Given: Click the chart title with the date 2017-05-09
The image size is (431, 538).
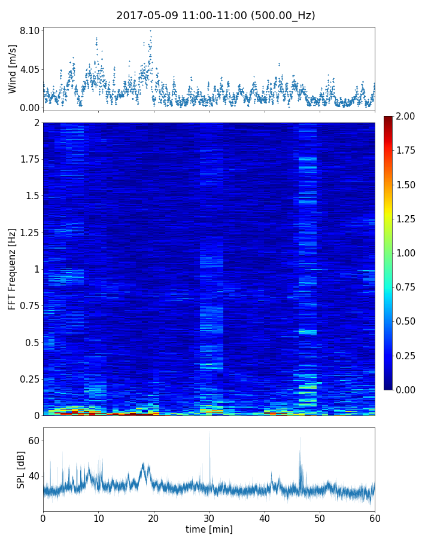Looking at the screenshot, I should tap(215, 16).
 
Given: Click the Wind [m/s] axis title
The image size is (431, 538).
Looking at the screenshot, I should tap(13, 69).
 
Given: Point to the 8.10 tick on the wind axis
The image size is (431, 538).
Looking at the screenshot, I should tap(30, 30).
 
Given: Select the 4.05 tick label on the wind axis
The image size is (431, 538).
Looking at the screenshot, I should tap(30, 69).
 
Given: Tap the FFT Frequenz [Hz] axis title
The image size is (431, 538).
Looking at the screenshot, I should tap(13, 269).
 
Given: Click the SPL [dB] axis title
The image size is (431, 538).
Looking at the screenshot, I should tap(22, 469).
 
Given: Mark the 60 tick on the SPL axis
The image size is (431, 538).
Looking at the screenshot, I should tap(34, 441).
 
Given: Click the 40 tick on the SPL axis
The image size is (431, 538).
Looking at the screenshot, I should tap(34, 476).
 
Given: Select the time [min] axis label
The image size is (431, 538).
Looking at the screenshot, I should tap(209, 530).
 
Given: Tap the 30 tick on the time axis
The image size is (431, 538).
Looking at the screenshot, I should tap(209, 518).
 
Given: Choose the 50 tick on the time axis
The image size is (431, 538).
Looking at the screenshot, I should tap(320, 518).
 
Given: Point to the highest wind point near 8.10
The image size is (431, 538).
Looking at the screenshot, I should tap(150, 30).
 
